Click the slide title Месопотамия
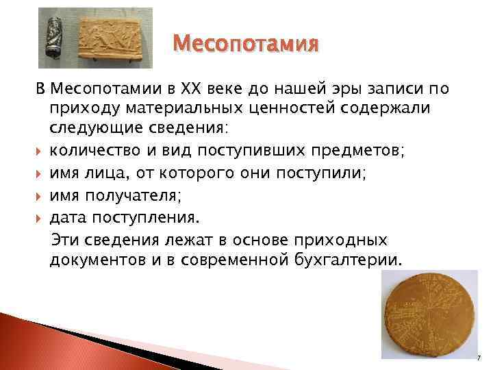[246, 45]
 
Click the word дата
[67, 217]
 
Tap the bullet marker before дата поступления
[40, 217]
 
